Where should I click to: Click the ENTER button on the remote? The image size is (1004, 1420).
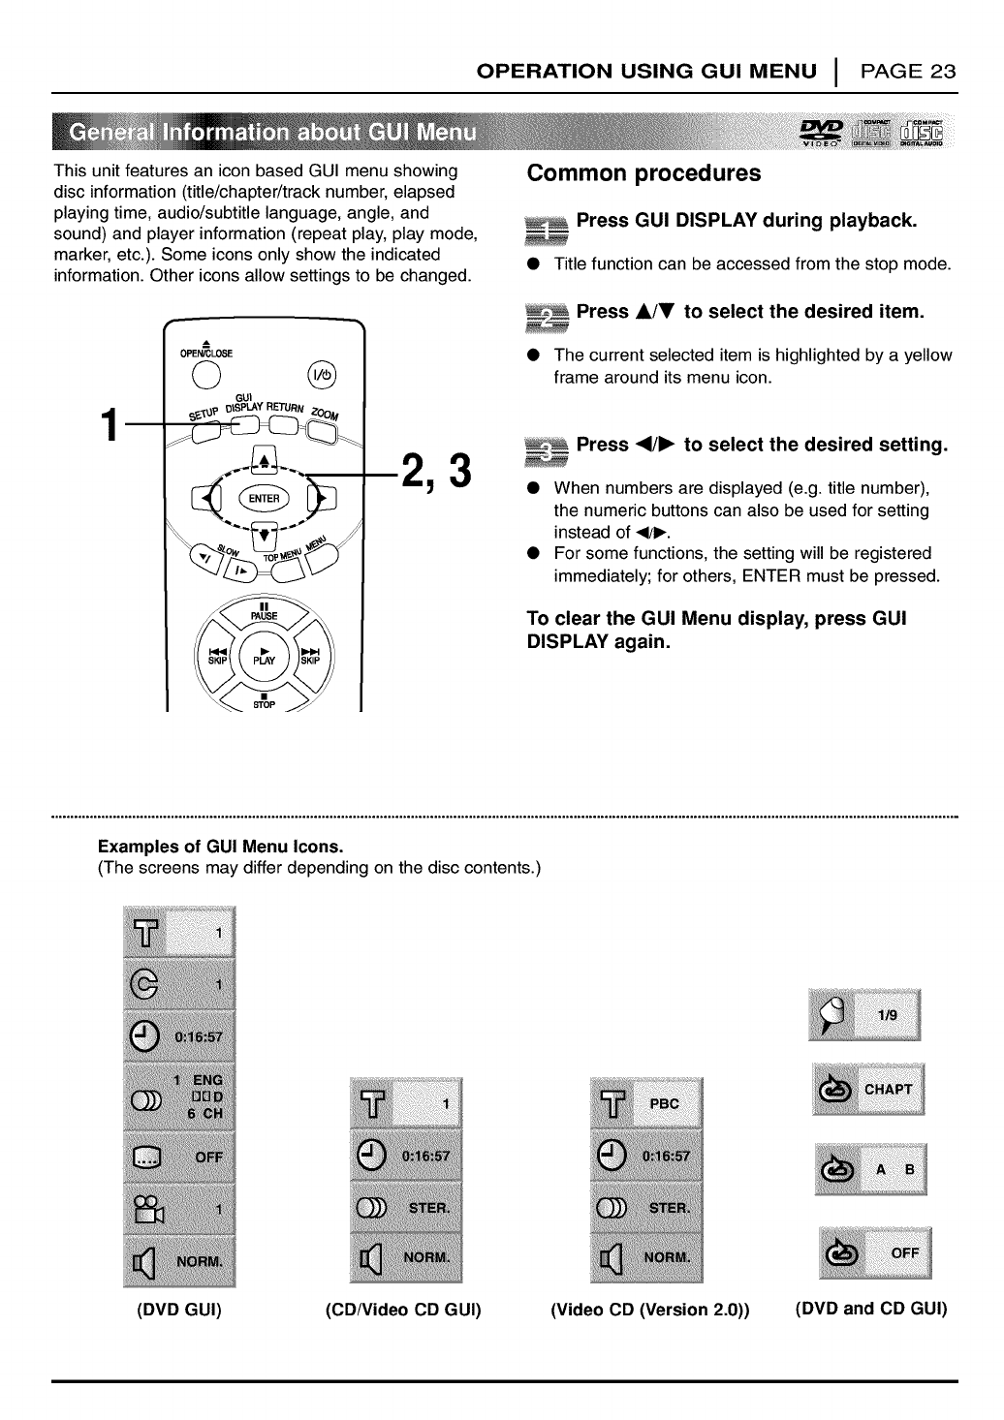264,499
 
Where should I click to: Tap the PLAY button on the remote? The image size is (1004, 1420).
264,655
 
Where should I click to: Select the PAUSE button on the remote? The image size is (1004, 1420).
264,612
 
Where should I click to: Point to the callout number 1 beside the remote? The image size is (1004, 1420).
112,427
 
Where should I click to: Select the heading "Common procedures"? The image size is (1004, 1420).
643,174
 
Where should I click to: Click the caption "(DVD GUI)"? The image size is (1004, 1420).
179,1311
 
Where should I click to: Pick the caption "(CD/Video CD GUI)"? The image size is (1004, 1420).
403,1311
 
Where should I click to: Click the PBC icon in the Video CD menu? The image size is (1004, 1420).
645,1103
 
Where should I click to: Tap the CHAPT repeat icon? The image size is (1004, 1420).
868,1090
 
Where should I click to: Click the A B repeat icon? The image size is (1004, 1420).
871,1169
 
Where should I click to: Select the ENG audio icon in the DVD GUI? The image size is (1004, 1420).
179,1097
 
